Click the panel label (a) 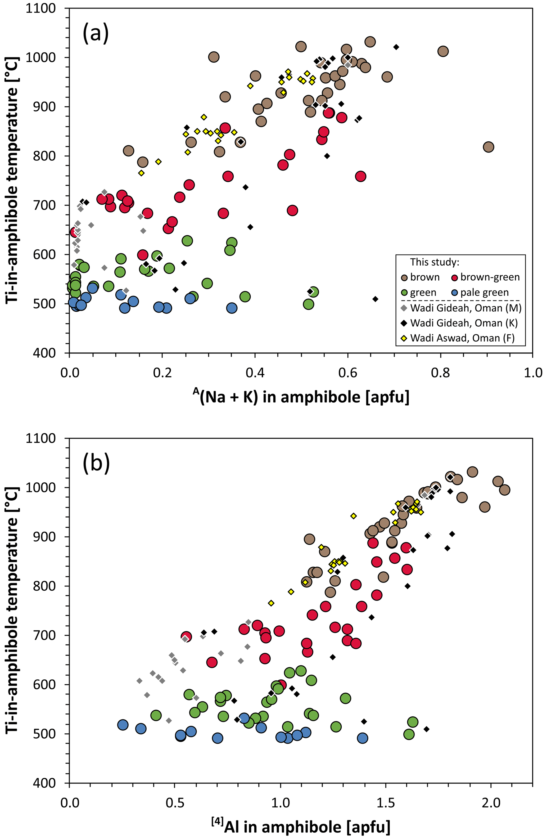click(96, 33)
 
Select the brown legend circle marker click(405, 277)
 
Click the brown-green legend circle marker click(455, 277)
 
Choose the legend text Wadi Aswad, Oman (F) click(462, 338)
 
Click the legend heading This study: click(435, 262)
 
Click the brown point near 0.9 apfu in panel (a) click(488, 147)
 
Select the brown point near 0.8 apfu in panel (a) click(443, 51)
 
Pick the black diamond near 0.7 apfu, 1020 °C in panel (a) click(396, 47)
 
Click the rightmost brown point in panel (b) click(504, 490)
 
